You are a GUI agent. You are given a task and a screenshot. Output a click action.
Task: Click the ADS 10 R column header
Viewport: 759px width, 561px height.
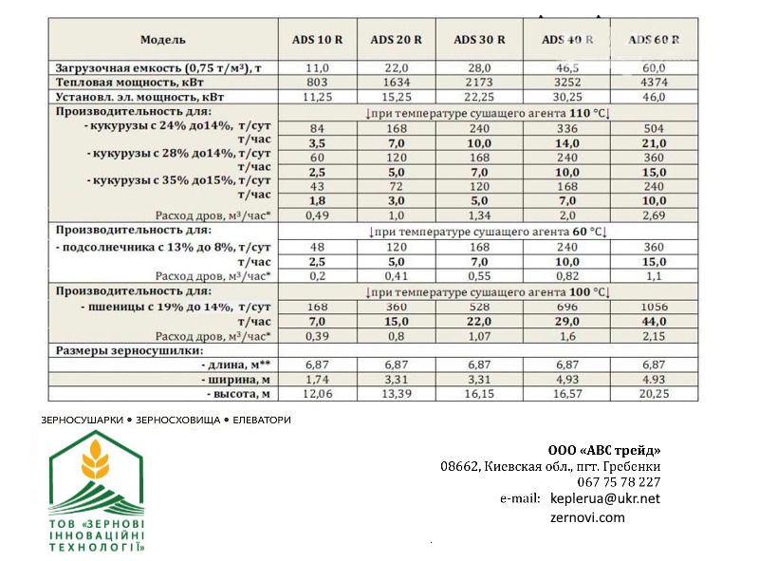coord(317,40)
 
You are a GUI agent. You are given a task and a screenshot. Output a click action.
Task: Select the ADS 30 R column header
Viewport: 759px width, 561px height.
coord(479,40)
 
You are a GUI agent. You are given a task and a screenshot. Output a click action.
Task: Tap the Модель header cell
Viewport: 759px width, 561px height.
coord(163,40)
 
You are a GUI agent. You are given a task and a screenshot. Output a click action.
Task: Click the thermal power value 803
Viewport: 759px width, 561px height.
coord(317,82)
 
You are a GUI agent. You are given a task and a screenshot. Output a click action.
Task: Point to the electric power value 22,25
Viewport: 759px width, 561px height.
coord(479,96)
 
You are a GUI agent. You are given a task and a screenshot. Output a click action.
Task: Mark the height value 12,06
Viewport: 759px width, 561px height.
coord(317,393)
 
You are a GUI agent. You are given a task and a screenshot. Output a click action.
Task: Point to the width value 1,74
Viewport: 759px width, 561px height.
coord(317,379)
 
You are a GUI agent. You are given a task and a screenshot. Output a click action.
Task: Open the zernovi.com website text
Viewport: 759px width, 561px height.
coord(588,517)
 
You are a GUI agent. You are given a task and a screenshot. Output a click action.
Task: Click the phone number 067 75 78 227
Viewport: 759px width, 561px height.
coord(618,482)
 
